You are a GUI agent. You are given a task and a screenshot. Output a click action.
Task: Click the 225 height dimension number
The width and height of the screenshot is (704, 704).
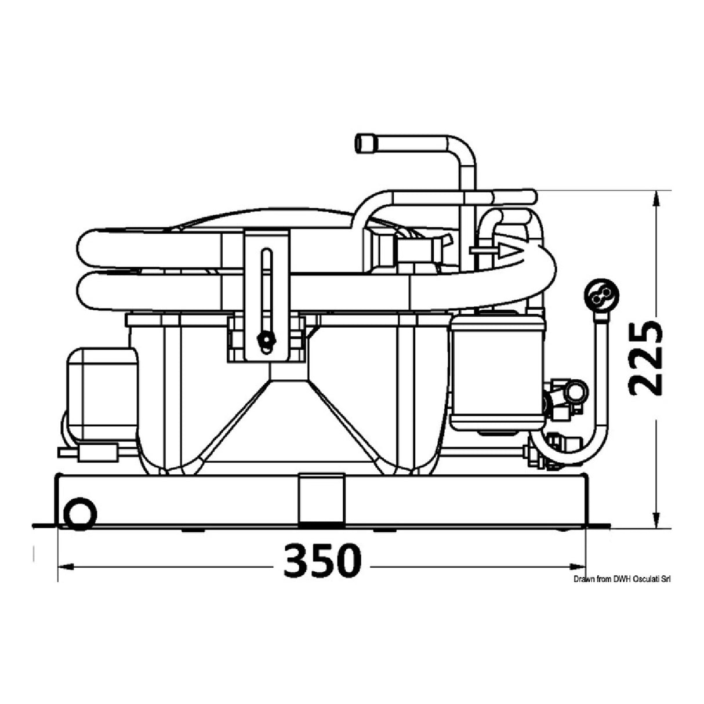pos(645,359)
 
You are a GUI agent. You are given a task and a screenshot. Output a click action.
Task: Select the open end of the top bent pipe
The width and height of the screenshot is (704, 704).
pos(365,144)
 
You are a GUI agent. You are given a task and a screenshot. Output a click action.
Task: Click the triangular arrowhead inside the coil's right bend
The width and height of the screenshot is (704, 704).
pos(509,251)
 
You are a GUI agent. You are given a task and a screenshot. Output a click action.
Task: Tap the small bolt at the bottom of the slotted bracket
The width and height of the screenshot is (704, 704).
pos(267,340)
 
